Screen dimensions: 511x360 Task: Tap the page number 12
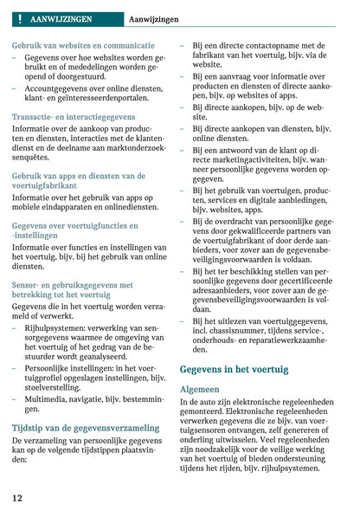(x=18, y=498)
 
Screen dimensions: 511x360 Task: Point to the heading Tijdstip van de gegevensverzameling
(x=86, y=427)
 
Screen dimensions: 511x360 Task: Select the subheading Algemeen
(x=199, y=389)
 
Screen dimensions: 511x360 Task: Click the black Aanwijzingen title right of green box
(x=154, y=18)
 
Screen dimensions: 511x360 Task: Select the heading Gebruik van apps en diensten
(x=78, y=175)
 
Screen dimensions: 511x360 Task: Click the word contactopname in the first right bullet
(x=266, y=45)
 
